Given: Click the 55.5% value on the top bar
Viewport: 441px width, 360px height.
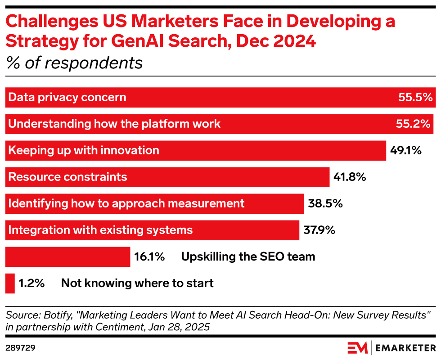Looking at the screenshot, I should [415, 97].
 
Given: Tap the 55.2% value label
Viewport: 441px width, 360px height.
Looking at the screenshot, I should [413, 124].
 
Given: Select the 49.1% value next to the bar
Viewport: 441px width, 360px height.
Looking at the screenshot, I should [405, 150].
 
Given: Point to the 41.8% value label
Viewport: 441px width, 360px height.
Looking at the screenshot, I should [350, 177].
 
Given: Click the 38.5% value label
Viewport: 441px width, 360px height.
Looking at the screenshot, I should [325, 203].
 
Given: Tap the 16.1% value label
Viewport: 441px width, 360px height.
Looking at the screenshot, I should [149, 257].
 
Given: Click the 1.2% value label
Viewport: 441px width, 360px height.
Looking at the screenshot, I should [31, 283].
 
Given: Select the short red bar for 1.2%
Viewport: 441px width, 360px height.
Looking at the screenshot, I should [10, 283].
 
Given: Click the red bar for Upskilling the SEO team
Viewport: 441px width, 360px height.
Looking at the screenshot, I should [67, 257].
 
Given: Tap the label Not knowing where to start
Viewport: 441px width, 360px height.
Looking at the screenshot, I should [137, 283].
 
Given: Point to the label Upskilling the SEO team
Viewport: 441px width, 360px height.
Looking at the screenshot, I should [248, 257].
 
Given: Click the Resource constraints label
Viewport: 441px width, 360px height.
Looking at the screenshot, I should [67, 177].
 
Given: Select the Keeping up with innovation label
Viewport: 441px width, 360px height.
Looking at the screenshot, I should [84, 150].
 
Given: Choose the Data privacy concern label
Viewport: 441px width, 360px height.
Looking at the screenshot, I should [67, 97].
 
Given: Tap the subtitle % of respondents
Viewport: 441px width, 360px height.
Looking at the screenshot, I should [74, 63].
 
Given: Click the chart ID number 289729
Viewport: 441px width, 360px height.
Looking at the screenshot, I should [21, 348].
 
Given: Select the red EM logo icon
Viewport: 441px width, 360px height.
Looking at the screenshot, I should [357, 348].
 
